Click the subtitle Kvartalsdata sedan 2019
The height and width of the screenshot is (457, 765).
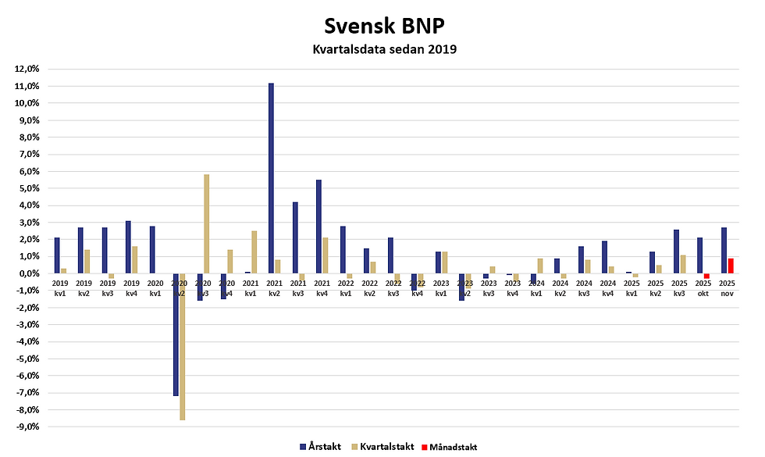382,50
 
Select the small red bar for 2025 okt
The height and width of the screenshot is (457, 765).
706,276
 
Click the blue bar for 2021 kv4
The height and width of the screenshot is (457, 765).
318,227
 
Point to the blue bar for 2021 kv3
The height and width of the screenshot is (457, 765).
295,237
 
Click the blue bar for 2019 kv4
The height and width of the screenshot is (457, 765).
128,247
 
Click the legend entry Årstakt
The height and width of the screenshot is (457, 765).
320,447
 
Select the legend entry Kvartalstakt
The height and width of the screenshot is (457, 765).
382,447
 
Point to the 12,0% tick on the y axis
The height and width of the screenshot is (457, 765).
27,69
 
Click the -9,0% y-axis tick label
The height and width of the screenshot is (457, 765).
27,427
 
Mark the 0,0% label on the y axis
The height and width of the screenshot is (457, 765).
29,273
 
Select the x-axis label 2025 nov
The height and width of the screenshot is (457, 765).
727,287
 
